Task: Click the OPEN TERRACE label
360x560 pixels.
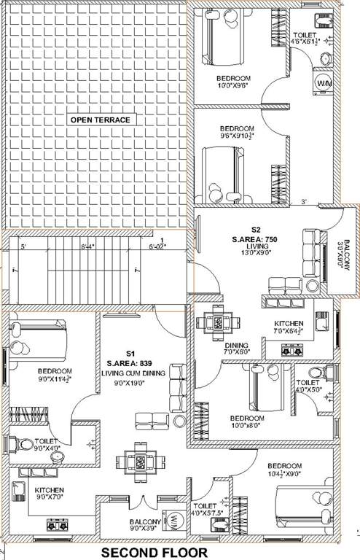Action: pos(100,120)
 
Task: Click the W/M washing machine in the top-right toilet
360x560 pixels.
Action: pos(322,84)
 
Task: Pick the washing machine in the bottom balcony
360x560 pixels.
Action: pos(176,522)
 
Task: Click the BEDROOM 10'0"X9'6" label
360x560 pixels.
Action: pos(233,82)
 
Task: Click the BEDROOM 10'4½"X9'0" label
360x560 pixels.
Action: pos(284,470)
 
